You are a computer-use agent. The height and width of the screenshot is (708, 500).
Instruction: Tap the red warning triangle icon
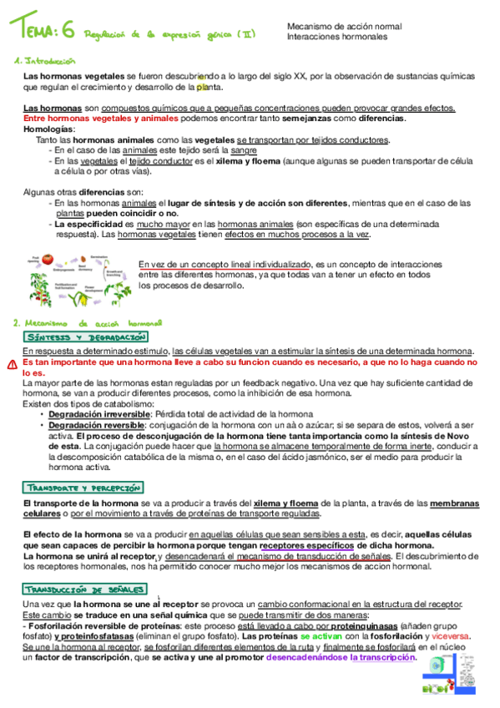(x=12, y=365)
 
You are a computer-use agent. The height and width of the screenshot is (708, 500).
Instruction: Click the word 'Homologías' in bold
(x=48, y=129)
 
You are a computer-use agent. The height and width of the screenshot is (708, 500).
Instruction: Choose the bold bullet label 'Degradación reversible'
(x=93, y=425)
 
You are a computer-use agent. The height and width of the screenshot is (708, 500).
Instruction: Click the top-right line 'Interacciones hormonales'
(x=331, y=38)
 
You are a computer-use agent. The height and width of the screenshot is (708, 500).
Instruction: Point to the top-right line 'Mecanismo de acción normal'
(x=337, y=27)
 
